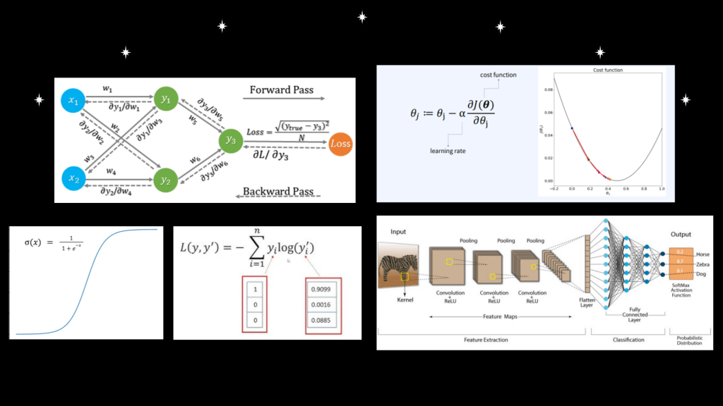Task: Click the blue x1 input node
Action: click(x=73, y=101)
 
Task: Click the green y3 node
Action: click(x=231, y=140)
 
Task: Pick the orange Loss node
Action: click(x=340, y=144)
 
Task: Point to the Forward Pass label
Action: click(x=282, y=90)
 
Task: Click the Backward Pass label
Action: click(x=277, y=191)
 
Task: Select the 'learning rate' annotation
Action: click(x=448, y=150)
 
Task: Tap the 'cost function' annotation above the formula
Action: click(x=499, y=75)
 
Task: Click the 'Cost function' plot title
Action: click(x=607, y=70)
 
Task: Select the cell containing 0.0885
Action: click(x=322, y=321)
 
